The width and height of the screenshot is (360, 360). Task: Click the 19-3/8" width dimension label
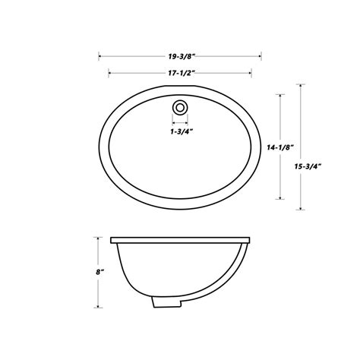180,55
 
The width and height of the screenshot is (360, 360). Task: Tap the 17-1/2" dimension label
180,73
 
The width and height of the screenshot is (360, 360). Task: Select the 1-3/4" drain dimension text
180,131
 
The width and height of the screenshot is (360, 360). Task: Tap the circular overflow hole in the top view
180,106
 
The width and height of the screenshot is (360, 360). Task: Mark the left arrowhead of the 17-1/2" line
112,73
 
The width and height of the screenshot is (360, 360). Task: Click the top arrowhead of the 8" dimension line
98,238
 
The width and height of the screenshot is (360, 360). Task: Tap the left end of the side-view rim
112,241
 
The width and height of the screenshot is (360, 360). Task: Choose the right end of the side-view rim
249,241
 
